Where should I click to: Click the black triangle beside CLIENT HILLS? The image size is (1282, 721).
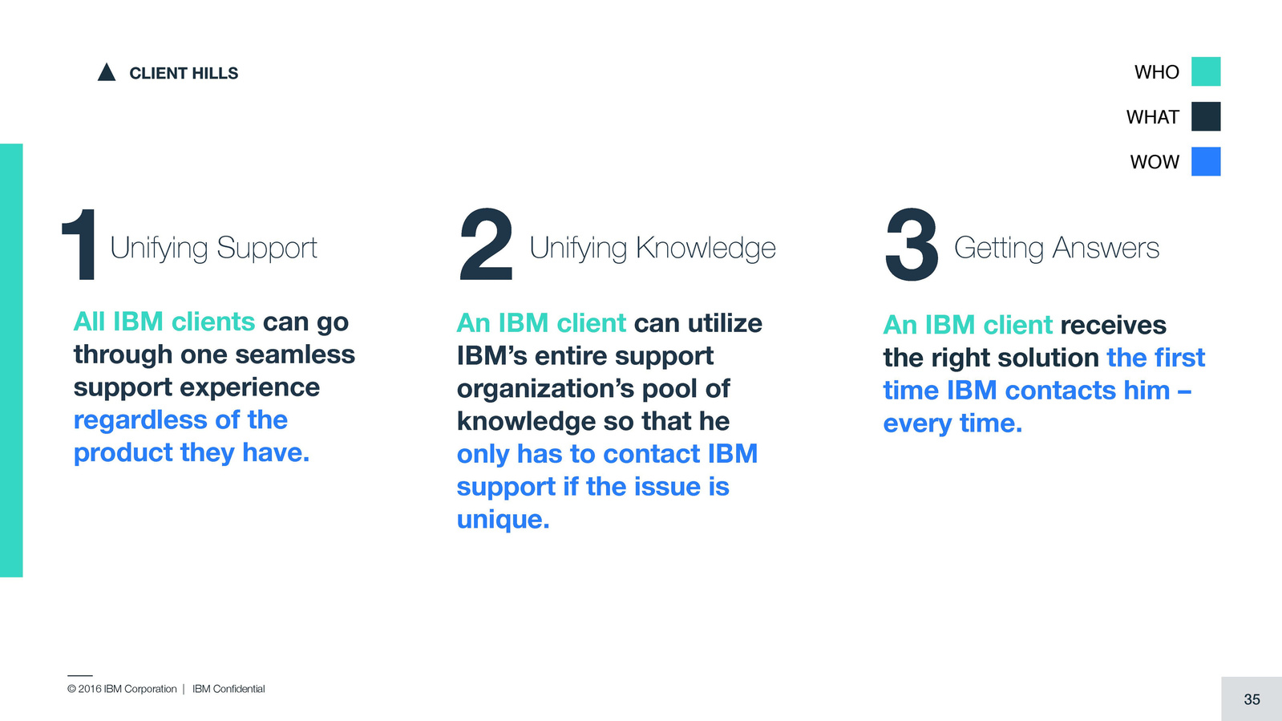[107, 73]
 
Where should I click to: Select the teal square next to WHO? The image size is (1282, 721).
[1206, 71]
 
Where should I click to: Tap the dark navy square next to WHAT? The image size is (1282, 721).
[1206, 116]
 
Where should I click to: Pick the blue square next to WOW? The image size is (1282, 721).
[1206, 161]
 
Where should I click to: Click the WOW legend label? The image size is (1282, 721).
[1155, 162]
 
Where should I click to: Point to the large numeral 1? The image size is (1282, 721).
[79, 245]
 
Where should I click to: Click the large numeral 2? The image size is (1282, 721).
[486, 245]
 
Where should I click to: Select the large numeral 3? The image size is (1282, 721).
[912, 245]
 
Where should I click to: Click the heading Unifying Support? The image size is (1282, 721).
[213, 249]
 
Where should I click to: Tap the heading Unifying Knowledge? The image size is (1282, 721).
[653, 249]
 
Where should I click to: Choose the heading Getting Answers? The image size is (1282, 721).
[1057, 249]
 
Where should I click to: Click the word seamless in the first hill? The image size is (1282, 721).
[295, 354]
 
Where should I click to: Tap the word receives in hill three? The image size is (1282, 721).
[1113, 326]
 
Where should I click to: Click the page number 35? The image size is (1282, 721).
[1252, 699]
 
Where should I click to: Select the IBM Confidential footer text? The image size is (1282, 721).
[228, 689]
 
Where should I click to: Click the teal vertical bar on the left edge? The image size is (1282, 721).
[11, 360]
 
